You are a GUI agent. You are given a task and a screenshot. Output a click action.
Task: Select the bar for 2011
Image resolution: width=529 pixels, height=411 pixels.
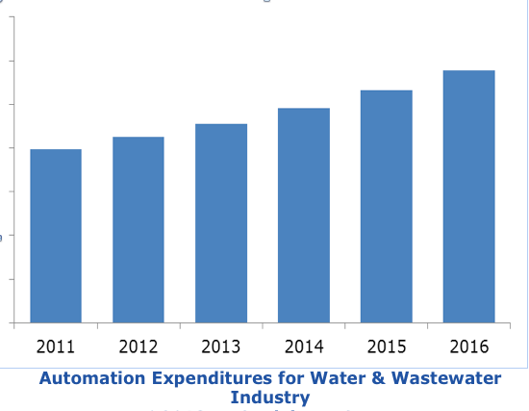tap(56, 236)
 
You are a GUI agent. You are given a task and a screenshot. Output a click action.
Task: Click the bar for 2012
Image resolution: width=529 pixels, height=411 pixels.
tap(139, 230)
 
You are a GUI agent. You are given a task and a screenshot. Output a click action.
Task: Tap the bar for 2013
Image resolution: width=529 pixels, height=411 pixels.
tap(221, 223)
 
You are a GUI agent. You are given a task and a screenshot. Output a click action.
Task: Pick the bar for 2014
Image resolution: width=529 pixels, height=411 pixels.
tap(304, 216)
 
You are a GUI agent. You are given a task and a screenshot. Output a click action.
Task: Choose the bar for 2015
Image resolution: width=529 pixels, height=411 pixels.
tap(387, 206)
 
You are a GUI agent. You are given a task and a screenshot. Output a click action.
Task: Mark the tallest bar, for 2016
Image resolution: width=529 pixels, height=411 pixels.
tap(469, 196)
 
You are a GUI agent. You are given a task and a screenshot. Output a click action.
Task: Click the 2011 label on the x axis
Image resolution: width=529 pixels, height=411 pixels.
tap(56, 346)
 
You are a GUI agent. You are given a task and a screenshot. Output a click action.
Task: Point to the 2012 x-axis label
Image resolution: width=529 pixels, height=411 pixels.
tap(139, 346)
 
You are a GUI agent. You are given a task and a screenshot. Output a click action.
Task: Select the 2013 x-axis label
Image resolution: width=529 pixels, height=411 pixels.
tap(221, 346)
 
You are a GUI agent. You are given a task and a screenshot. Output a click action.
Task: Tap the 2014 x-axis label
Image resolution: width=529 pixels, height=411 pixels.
tap(304, 346)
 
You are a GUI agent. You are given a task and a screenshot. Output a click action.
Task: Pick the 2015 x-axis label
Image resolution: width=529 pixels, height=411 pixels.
tap(387, 346)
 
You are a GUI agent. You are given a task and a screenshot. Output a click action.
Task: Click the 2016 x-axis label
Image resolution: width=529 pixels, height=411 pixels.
tap(469, 346)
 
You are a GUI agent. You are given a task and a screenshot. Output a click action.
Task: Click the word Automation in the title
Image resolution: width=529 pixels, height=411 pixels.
tap(89, 378)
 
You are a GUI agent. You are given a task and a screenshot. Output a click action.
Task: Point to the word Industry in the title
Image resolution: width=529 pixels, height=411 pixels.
tap(270, 397)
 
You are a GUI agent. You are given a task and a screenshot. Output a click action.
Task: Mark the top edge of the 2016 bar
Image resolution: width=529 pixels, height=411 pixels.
tap(469, 71)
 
